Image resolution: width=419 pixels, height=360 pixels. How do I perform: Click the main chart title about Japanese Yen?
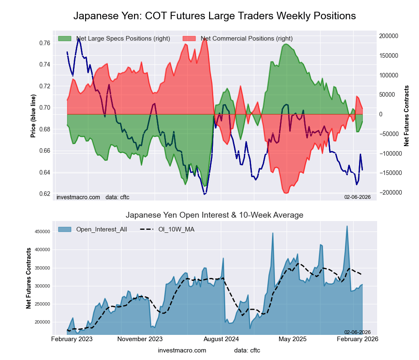tap(215, 16)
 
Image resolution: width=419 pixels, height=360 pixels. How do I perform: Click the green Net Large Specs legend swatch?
tap(65, 39)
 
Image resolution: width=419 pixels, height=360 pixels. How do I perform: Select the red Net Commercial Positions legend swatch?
tap(189, 39)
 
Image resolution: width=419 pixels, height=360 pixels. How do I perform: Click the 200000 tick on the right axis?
tap(389, 36)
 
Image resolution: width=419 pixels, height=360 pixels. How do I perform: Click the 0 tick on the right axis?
tap(381, 114)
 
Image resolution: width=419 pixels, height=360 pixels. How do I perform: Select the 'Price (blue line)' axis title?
tap(34, 116)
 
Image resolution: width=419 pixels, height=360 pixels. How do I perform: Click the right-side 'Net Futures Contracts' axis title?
tap(406, 116)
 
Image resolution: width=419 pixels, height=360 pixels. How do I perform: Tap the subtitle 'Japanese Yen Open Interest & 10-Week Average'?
tap(215, 215)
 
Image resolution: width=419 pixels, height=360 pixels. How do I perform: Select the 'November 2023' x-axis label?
tap(140, 339)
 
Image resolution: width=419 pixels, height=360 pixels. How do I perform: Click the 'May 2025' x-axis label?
tap(290, 339)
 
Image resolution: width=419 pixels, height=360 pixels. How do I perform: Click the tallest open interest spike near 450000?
tap(347, 226)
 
